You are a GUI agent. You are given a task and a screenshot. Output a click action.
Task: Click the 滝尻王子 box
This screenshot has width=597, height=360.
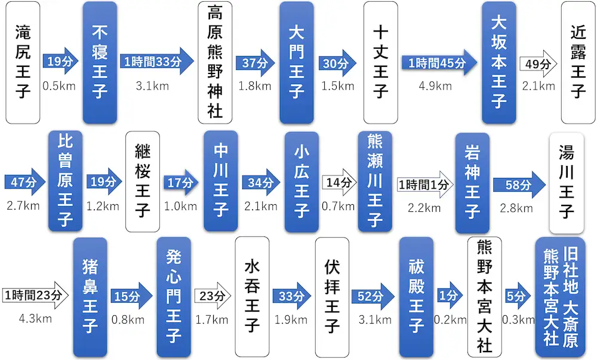[x=23, y=62]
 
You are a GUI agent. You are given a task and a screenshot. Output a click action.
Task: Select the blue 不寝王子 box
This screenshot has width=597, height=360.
[x=100, y=62]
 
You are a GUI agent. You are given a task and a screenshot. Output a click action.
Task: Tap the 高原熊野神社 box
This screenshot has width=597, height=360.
[x=215, y=62]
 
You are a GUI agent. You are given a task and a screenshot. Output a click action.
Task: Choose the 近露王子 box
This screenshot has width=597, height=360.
[x=577, y=62]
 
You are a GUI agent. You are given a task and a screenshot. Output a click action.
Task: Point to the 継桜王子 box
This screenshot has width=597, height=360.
[x=143, y=182]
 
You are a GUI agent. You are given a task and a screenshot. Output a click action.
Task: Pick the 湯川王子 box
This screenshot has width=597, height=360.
[x=567, y=182]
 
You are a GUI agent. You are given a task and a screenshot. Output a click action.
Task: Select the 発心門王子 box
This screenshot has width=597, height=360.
[x=174, y=297]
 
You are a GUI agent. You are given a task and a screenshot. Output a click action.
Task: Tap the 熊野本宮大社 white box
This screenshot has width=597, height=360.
[x=484, y=297]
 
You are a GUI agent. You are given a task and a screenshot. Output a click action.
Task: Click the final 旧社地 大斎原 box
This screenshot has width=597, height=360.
[x=561, y=297]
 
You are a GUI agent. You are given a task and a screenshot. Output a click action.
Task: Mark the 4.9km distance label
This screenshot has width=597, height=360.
[x=435, y=86]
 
